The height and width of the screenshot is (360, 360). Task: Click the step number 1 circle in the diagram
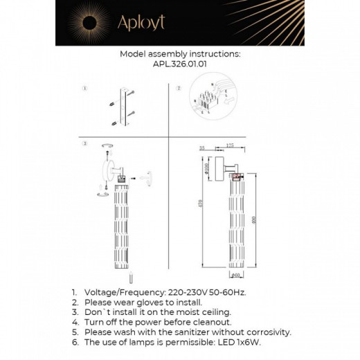pyautogui.click(x=84, y=89)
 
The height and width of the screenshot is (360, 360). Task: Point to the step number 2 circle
pyautogui.click(x=177, y=89)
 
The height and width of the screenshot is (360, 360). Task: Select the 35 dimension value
pyautogui.click(x=202, y=148)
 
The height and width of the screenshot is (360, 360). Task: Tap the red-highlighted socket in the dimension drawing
pyautogui.click(x=237, y=177)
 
